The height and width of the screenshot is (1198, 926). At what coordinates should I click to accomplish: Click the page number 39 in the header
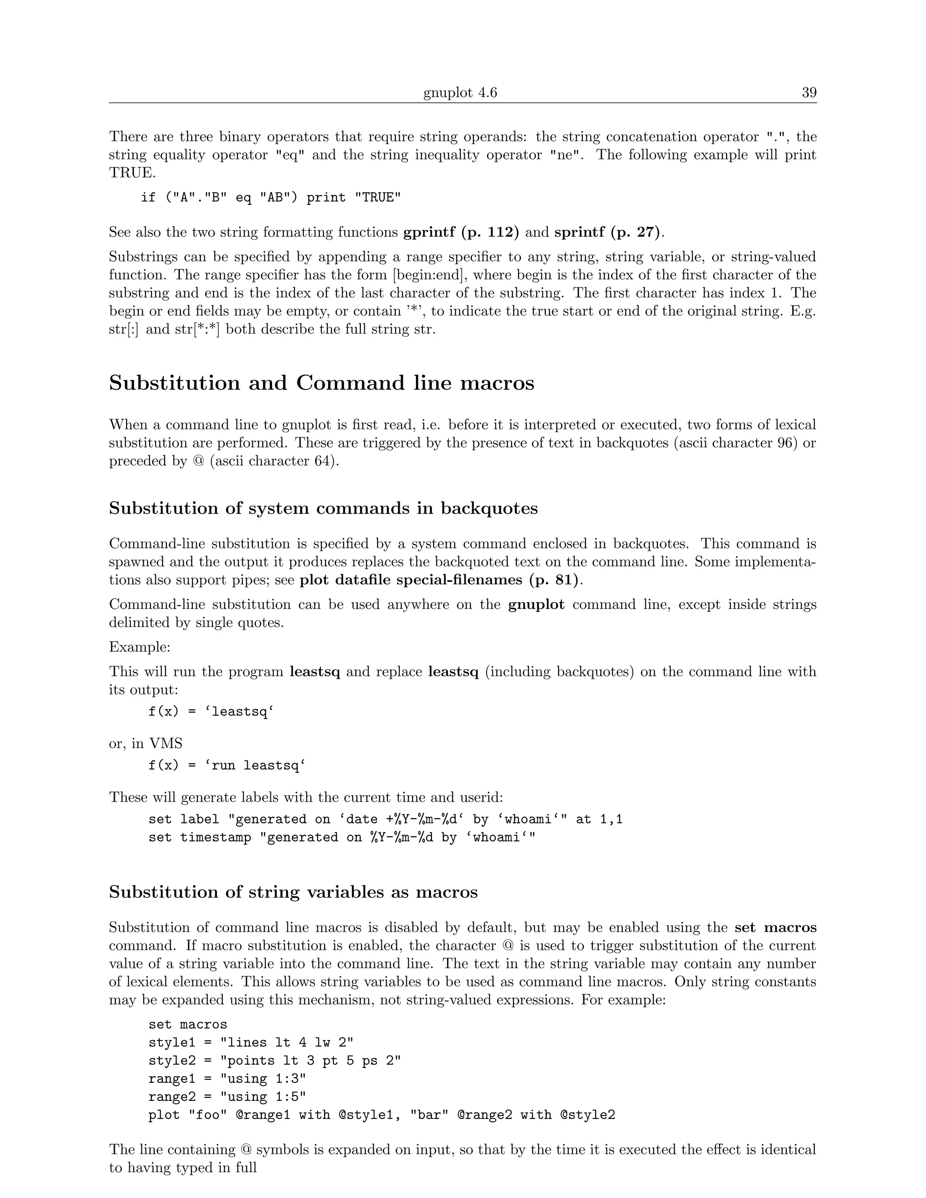[x=808, y=93]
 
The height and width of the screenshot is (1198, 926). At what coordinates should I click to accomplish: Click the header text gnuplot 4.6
[x=460, y=93]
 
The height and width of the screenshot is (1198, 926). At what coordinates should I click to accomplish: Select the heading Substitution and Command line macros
[x=321, y=383]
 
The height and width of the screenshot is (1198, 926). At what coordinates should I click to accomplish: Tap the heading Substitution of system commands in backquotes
[x=323, y=509]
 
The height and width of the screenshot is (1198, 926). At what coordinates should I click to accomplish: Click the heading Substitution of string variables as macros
[x=293, y=892]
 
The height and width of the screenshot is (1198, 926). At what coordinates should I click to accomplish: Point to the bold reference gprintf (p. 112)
[x=461, y=232]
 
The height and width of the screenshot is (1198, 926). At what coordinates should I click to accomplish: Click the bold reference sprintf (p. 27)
[x=607, y=232]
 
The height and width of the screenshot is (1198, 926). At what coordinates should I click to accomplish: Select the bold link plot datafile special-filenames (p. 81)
[x=439, y=580]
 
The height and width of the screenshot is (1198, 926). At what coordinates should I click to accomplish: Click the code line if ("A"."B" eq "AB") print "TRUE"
[x=270, y=198]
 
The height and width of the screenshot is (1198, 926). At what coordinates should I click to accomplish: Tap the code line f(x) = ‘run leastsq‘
[x=227, y=766]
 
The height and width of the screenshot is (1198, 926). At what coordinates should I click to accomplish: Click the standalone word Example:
[x=139, y=647]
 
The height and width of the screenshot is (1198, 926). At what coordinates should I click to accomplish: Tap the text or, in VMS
[x=146, y=744]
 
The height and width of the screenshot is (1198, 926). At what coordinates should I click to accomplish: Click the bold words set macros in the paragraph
[x=775, y=928]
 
